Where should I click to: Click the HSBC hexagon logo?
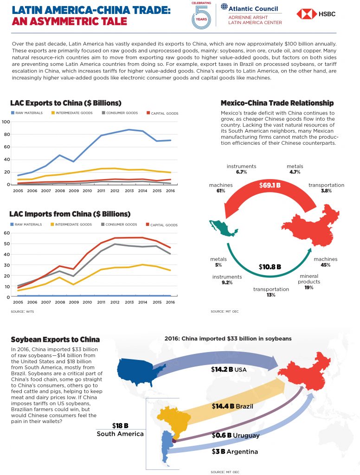(x=306, y=14)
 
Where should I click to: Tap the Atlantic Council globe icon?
(x=224, y=6)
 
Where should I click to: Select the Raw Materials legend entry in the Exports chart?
(x=26, y=113)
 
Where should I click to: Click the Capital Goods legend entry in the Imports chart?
(x=162, y=225)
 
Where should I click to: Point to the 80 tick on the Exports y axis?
(x=6, y=134)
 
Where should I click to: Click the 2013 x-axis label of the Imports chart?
(x=129, y=302)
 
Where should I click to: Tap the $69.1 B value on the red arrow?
(x=270, y=185)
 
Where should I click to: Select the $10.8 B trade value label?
(x=270, y=267)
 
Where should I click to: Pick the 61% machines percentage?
(x=221, y=191)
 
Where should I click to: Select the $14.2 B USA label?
(x=229, y=370)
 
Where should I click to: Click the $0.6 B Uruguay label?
(x=236, y=435)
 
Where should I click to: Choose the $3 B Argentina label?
(x=235, y=452)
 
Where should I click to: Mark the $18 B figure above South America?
(x=120, y=426)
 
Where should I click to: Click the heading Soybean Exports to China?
(x=56, y=340)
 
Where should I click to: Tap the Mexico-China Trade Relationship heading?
(x=277, y=103)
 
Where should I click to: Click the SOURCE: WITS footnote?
(x=22, y=311)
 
